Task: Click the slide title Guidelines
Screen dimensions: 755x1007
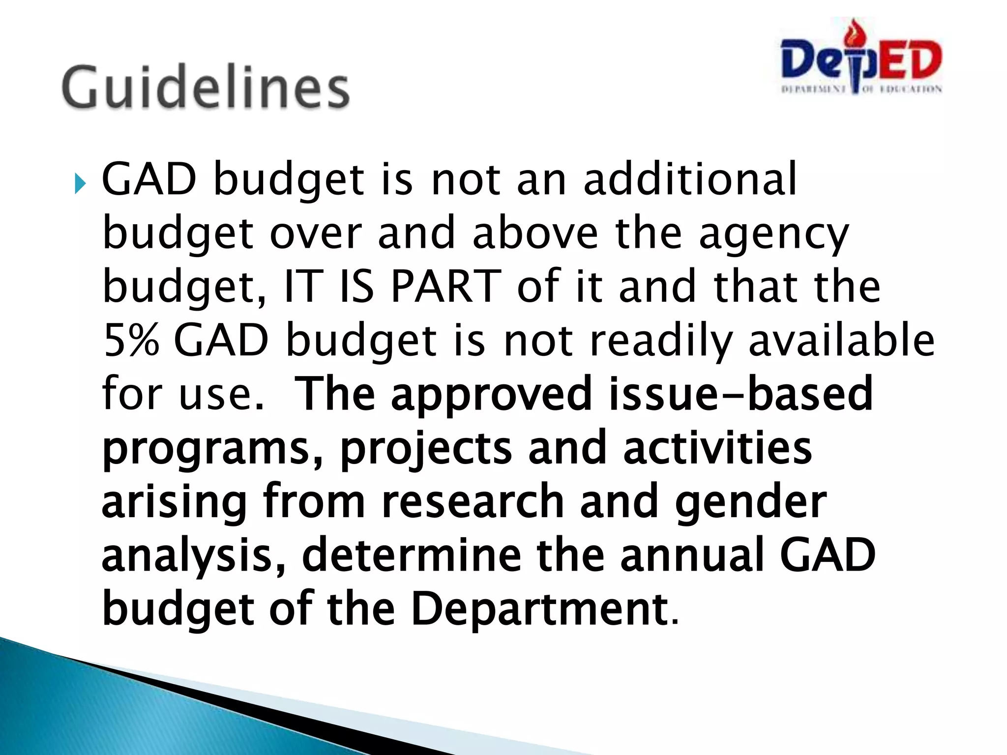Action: pyautogui.click(x=206, y=87)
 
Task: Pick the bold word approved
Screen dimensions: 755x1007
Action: pyautogui.click(x=491, y=394)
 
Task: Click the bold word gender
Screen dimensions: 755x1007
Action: pyautogui.click(x=750, y=502)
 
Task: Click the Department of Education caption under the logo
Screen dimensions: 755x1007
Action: pyautogui.click(x=861, y=89)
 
